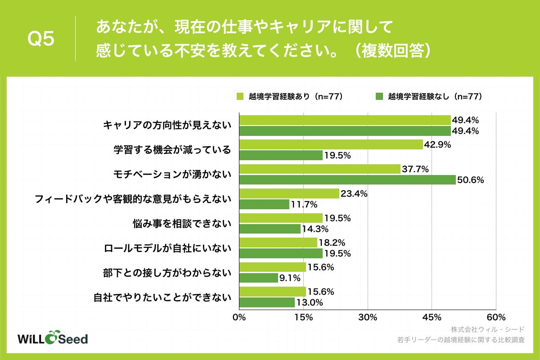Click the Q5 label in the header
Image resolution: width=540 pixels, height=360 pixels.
pyautogui.click(x=41, y=40)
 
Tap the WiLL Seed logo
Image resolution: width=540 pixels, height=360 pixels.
pyautogui.click(x=52, y=339)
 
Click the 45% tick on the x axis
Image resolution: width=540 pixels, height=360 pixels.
pyautogui.click(x=432, y=317)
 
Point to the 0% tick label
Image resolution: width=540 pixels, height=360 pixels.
pyautogui.click(x=239, y=317)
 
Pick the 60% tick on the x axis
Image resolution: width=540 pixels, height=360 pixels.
pyautogui.click(x=495, y=317)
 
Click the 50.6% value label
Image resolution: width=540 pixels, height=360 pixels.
pyautogui.click(x=471, y=180)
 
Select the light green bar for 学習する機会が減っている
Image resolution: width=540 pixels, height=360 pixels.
pyautogui.click(x=331, y=145)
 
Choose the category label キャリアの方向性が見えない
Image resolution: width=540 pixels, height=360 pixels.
pyautogui.click(x=167, y=126)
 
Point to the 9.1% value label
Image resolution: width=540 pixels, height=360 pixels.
pyautogui.click(x=290, y=278)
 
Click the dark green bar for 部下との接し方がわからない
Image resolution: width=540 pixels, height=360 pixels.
pyautogui.click(x=258, y=278)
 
